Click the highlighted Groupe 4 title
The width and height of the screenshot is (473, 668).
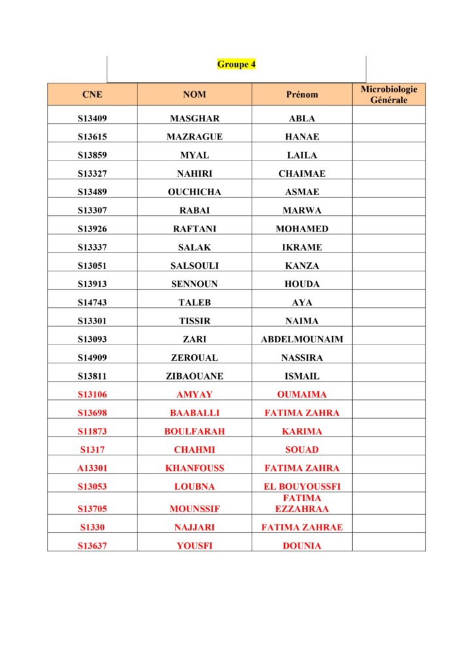tap(236, 65)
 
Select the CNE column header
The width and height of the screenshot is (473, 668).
tap(92, 95)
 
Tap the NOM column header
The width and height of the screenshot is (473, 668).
tap(194, 95)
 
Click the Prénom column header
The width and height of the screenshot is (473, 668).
tap(302, 95)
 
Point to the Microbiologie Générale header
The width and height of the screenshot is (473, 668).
tap(389, 95)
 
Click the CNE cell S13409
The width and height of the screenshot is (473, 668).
tap(92, 119)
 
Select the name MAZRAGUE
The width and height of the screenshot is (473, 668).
tap(194, 137)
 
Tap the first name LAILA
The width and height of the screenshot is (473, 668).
tap(302, 155)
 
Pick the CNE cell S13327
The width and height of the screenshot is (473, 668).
tap(92, 174)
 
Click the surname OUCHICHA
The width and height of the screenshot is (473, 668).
tap(194, 192)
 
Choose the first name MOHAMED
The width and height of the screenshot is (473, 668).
tap(302, 229)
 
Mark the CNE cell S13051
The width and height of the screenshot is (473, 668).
tap(92, 266)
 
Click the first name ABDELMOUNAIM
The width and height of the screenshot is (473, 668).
tap(302, 339)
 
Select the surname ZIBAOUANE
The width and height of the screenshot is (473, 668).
tap(194, 376)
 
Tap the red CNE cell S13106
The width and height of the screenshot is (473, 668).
tap(92, 395)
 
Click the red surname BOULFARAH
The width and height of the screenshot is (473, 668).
tap(194, 431)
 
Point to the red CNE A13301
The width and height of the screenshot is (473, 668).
tap(92, 468)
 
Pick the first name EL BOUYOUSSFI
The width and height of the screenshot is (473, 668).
tap(302, 487)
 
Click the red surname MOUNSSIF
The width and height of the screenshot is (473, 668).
tap(194, 509)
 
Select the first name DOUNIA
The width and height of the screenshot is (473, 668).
tap(302, 546)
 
